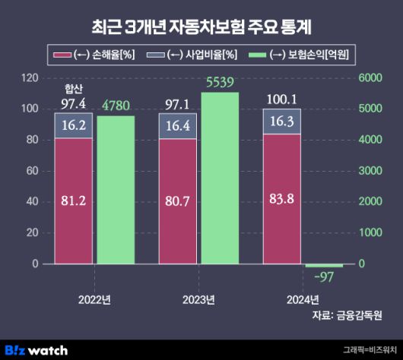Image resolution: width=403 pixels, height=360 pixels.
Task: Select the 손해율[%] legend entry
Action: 91,54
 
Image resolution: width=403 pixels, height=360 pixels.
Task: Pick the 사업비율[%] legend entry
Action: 191,54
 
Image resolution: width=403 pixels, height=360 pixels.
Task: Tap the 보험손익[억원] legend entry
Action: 304,54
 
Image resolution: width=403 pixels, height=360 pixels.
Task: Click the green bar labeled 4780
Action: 116,189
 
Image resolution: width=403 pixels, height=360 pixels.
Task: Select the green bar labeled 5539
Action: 220,178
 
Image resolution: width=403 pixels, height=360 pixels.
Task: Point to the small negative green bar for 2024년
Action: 325,265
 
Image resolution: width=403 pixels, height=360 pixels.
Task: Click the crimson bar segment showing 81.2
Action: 74,201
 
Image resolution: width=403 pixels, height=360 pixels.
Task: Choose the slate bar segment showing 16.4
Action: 177,126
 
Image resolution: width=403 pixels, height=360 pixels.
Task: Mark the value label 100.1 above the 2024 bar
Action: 281,98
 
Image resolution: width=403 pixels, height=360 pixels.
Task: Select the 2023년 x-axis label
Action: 198,298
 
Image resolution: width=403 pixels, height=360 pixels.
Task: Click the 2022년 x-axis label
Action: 94,298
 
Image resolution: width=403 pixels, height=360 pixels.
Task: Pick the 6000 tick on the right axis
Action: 371,77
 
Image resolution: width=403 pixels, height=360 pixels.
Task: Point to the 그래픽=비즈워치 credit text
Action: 368,350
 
